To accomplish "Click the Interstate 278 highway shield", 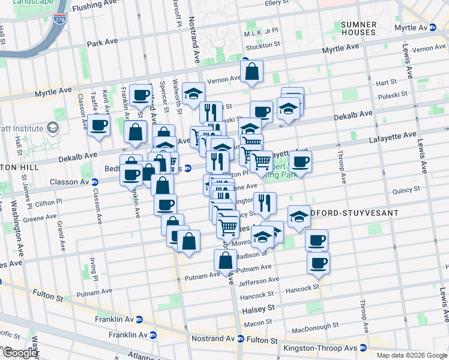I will [x=60, y=18].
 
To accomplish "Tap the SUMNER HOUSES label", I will [x=358, y=29].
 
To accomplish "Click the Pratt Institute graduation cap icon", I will [x=53, y=128].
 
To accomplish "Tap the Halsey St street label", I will [x=258, y=308].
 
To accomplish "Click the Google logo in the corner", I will [x=20, y=353].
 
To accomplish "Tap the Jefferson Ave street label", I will [x=259, y=280].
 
